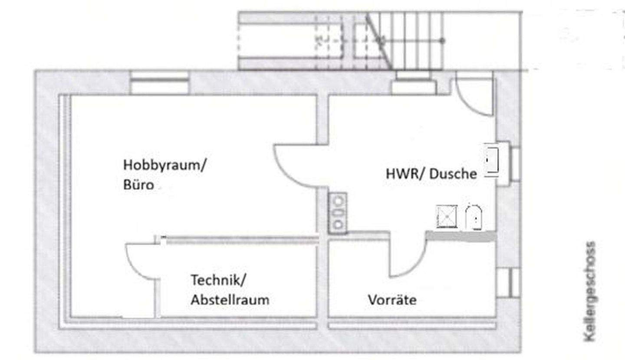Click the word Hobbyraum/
click(165, 165)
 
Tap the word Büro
click(138, 185)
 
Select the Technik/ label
click(218, 280)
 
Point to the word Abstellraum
click(230, 300)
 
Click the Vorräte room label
click(392, 300)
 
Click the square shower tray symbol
click(447, 217)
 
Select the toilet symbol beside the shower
click(474, 217)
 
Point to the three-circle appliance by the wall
click(338, 213)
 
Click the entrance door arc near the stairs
click(474, 98)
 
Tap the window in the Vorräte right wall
click(509, 282)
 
